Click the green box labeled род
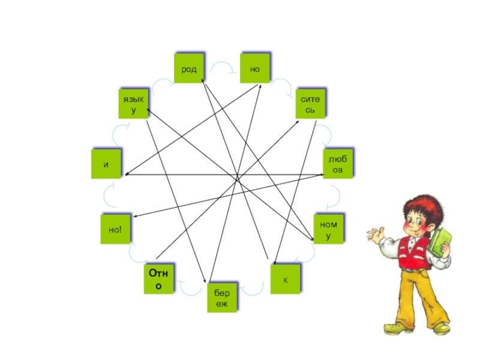click(x=190, y=69)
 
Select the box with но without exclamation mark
click(x=255, y=69)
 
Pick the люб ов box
click(x=338, y=163)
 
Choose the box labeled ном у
click(x=328, y=229)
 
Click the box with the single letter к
click(x=285, y=279)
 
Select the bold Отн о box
click(x=159, y=279)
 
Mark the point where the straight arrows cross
click(x=238, y=178)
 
